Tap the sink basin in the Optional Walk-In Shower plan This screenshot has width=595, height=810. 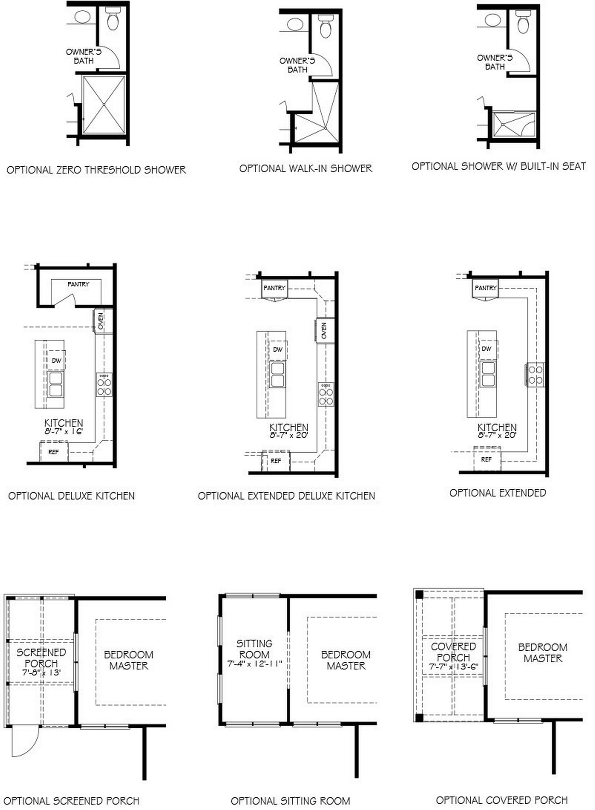[295, 24]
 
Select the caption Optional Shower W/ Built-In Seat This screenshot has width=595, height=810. [499, 166]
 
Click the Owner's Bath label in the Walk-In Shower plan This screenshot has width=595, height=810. [297, 65]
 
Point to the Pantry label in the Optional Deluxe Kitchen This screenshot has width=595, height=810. [78, 284]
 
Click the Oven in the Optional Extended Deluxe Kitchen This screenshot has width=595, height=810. [324, 330]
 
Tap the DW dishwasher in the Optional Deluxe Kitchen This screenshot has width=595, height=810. [56, 360]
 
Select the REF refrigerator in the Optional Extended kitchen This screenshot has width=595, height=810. [486, 459]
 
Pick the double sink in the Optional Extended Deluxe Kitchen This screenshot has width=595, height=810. [278, 375]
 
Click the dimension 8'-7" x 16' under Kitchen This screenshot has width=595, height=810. [63, 431]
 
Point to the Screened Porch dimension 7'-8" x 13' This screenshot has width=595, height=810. [41, 672]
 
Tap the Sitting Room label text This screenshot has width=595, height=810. [254, 649]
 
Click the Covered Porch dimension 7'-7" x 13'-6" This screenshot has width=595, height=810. [453, 667]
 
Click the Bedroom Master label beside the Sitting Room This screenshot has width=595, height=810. [346, 660]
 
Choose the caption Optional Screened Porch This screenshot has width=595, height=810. [71, 801]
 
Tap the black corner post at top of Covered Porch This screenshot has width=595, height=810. [419, 595]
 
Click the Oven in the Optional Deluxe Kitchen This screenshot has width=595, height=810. [101, 321]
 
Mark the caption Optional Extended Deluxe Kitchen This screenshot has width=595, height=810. [286, 496]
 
